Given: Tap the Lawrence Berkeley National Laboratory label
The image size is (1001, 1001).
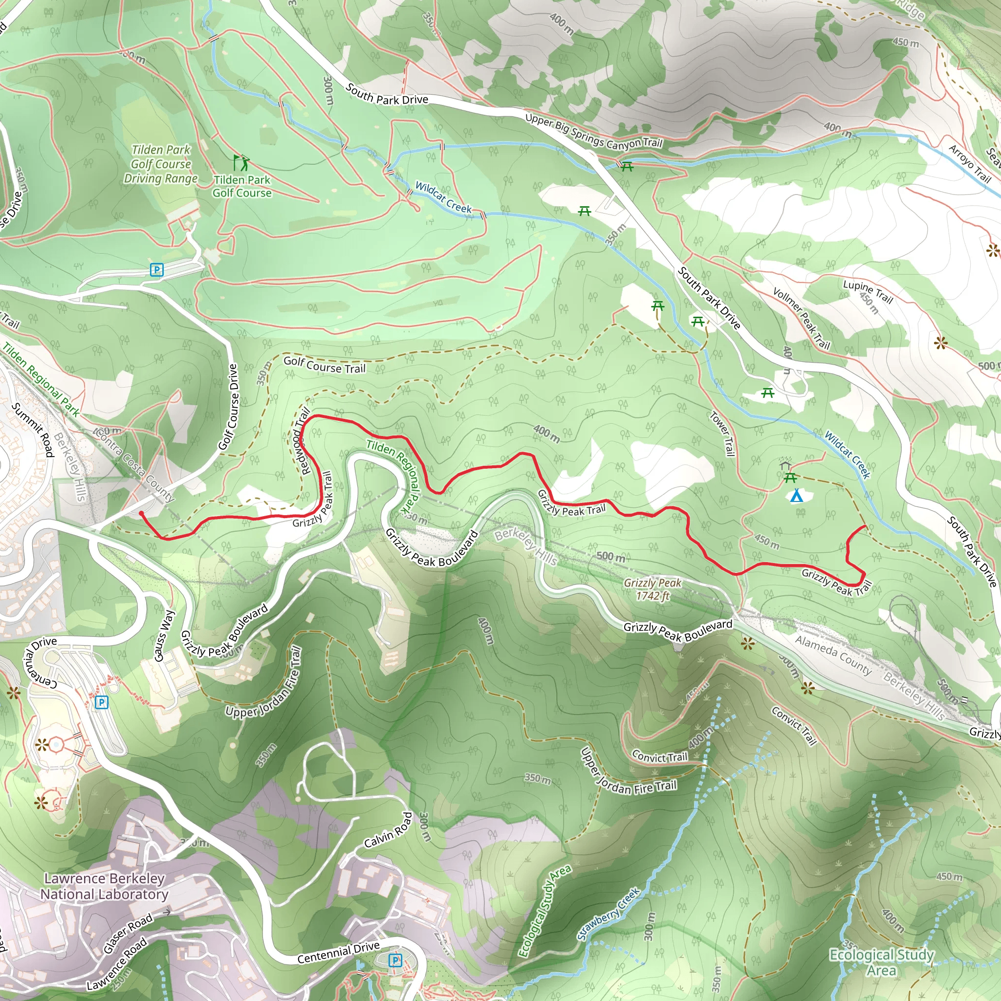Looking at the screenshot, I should pyautogui.click(x=104, y=886).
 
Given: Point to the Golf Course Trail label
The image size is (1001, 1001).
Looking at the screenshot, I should pyautogui.click(x=325, y=365).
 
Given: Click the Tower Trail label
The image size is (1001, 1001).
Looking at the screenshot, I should pyautogui.click(x=722, y=434).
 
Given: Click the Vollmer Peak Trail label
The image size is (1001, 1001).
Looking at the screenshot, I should pyautogui.click(x=801, y=318).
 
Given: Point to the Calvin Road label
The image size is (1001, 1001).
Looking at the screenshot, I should pyautogui.click(x=388, y=830).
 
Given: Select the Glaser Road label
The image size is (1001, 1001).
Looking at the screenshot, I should pyautogui.click(x=128, y=933).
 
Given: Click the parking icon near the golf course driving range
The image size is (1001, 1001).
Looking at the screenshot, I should pyautogui.click(x=156, y=269).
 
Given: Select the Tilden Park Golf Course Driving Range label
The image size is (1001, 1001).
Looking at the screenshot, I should pyautogui.click(x=161, y=164).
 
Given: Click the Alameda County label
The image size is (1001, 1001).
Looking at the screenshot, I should pyautogui.click(x=833, y=655).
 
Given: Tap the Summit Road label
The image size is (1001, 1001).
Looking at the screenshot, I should pyautogui.click(x=33, y=430).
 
